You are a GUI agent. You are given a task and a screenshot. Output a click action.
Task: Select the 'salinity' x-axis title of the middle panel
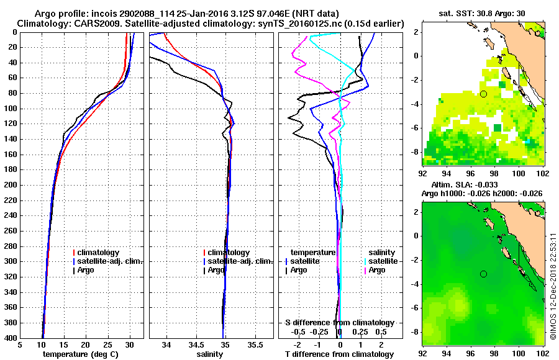click(x=210, y=354)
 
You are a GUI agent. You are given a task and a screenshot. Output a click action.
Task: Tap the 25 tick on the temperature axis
click(x=107, y=345)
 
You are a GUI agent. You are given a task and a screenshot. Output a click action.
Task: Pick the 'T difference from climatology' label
click(x=339, y=354)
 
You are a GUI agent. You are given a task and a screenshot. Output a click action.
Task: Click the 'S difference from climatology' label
click(x=339, y=323)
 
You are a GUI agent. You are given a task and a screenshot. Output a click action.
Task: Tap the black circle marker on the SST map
click(x=483, y=94)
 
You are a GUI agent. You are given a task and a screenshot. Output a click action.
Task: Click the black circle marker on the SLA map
click(x=483, y=274)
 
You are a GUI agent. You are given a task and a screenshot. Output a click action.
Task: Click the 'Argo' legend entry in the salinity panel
click(x=216, y=270)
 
